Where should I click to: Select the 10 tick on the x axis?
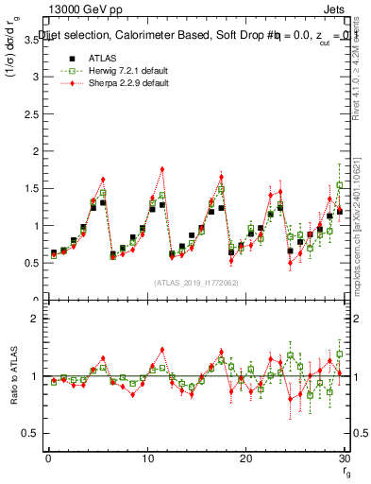[x=146, y=458]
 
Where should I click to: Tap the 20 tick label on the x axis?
[x=245, y=458]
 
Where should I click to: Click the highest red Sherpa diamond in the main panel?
[x=162, y=169]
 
